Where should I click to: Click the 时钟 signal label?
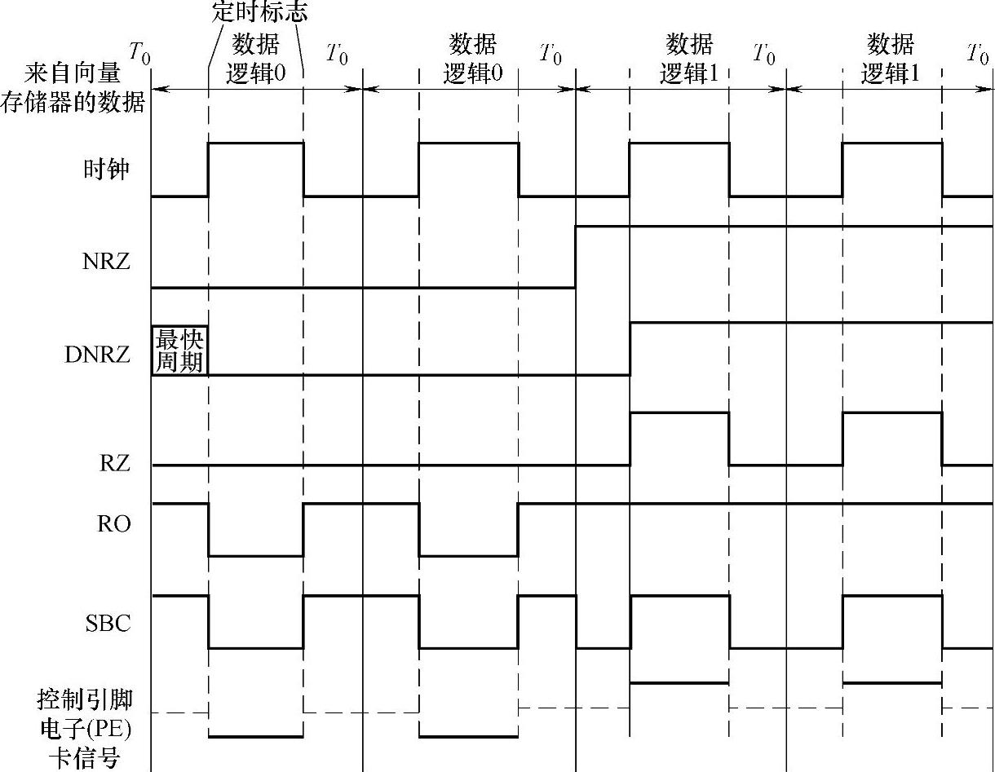[106, 170]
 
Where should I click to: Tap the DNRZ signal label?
[97, 355]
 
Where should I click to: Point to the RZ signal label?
[114, 465]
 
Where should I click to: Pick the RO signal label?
[113, 523]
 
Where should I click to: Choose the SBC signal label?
[108, 624]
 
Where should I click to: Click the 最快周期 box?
[179, 350]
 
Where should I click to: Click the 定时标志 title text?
[259, 12]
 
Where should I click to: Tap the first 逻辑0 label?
[255, 73]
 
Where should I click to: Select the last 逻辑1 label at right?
[891, 73]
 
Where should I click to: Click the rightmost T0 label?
[977, 55]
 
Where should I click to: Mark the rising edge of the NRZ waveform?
[576, 257]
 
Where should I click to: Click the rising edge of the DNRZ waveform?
[630, 349]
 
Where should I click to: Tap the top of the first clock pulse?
[255, 143]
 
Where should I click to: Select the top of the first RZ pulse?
[679, 413]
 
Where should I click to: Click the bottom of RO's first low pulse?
[255, 556]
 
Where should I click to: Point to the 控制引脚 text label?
[85, 699]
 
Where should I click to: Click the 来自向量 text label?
[73, 74]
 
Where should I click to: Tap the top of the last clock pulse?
[891, 143]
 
